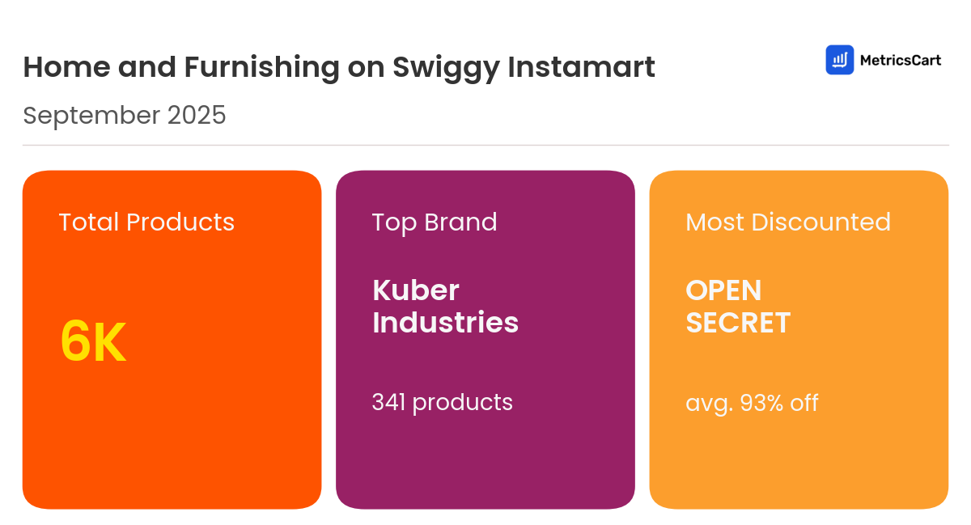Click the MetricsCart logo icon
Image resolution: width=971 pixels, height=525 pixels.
[x=839, y=60]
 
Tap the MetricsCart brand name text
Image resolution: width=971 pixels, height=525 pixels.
[x=900, y=60]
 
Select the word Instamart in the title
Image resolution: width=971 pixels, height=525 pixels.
[x=581, y=67]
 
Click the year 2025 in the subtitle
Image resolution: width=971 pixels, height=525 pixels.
[x=197, y=116]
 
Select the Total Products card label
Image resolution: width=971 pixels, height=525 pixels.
[x=146, y=222]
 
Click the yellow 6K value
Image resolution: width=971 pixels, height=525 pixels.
[x=93, y=342]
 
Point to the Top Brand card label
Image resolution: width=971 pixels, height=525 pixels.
[x=435, y=222]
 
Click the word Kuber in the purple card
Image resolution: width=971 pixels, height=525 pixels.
[x=416, y=290]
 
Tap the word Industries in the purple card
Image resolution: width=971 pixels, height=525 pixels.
[x=445, y=323]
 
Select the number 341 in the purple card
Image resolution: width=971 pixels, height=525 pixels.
[x=388, y=402]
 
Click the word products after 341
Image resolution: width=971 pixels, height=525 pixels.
[x=463, y=403]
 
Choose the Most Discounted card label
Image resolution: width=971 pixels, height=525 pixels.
[x=788, y=222]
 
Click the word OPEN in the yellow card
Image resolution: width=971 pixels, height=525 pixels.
[x=723, y=290]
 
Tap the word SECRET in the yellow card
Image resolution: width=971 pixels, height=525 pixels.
[x=738, y=323]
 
